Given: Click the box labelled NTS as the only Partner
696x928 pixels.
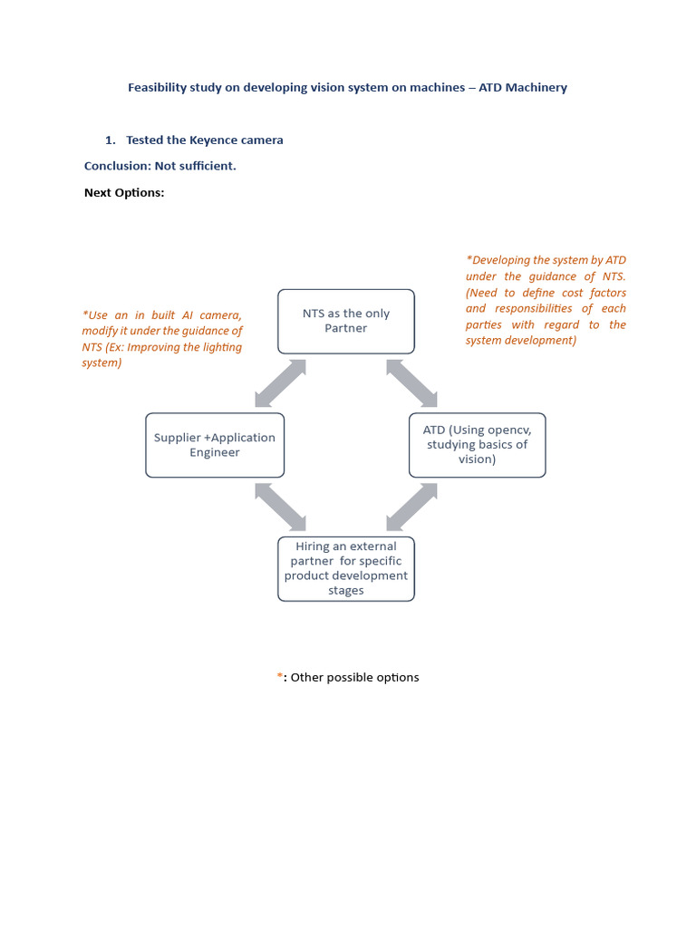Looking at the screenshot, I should [345, 321].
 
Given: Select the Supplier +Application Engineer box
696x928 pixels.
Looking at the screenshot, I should [215, 445].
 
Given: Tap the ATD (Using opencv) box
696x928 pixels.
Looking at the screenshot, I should [477, 445].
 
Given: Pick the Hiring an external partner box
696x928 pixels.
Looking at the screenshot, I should [345, 568].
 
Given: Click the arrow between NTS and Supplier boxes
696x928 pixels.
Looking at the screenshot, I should [280, 383].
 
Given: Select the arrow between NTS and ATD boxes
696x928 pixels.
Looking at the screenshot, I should [411, 383].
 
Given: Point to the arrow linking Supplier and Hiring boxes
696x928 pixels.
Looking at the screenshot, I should [280, 507].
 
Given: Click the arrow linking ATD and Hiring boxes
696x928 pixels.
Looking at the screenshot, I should [411, 507].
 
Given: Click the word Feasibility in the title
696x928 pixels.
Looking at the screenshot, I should [159, 88].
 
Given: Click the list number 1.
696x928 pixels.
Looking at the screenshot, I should [110, 140].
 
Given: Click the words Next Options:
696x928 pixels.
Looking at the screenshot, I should [124, 192].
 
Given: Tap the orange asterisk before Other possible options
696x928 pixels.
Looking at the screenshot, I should [280, 677].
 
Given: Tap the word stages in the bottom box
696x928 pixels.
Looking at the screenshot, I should [345, 591].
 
